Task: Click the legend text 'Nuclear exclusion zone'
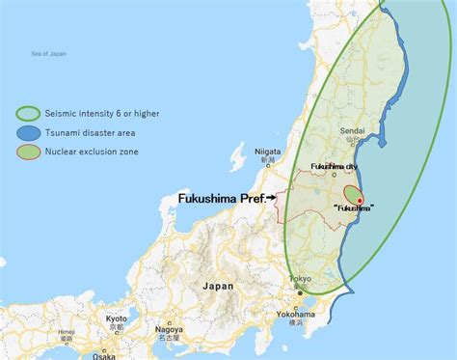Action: [90, 151]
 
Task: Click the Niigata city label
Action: [267, 152]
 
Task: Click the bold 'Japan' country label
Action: [218, 287]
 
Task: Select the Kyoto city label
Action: [117, 318]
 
